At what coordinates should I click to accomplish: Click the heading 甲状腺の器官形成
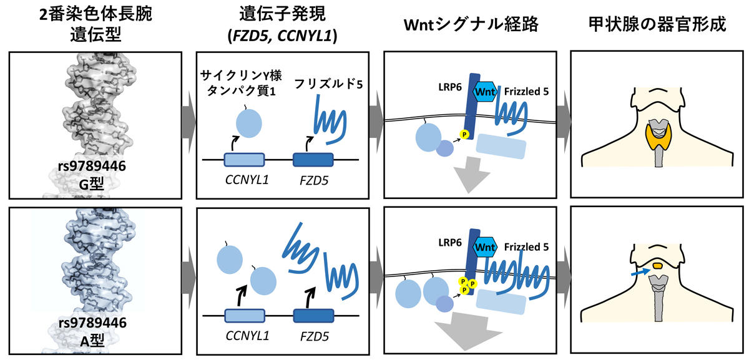[657, 25]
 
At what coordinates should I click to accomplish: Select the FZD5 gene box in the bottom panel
[313, 315]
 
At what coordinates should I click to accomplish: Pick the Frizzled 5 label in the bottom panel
[526, 247]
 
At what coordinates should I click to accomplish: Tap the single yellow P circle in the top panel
[464, 134]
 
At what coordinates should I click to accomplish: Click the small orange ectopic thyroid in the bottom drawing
[657, 266]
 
